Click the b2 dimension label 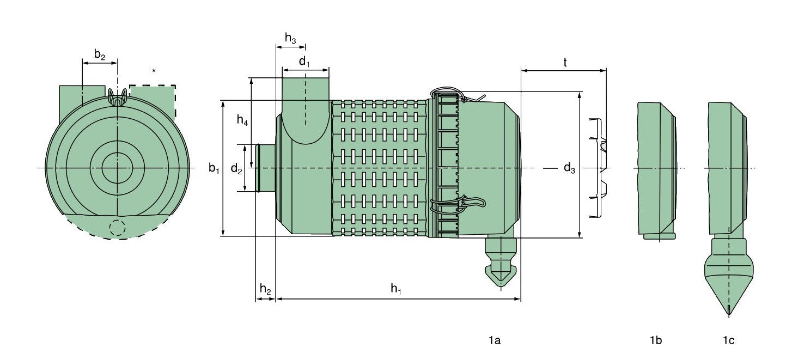point(99,54)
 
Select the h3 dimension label point(290,38)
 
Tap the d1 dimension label point(304,62)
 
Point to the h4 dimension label point(242,121)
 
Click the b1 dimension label point(214,168)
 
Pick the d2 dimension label point(236,169)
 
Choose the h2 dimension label point(265,290)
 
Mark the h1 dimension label point(396,290)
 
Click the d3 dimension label point(569,168)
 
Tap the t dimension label point(565,63)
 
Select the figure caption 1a point(494,341)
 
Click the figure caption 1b point(655,341)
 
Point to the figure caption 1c point(728,341)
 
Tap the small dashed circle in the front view point(117,228)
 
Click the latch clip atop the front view point(117,98)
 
